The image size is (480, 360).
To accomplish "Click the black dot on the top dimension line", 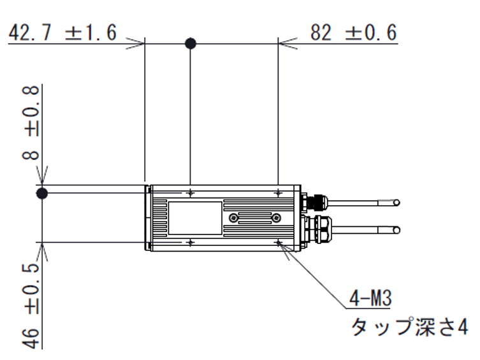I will coord(190,44).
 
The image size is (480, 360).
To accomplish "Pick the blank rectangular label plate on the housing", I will coord(195,217).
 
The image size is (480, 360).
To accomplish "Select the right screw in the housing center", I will coord(275,218).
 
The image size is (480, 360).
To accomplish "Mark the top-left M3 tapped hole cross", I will coord(191,192).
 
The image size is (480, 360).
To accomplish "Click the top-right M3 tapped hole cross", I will coord(279,192).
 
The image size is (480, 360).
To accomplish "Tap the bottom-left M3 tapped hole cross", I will coord(191,243).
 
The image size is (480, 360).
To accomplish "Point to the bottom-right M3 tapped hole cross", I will coord(279,243).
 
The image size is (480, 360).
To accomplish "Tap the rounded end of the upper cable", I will coord(397,203).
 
